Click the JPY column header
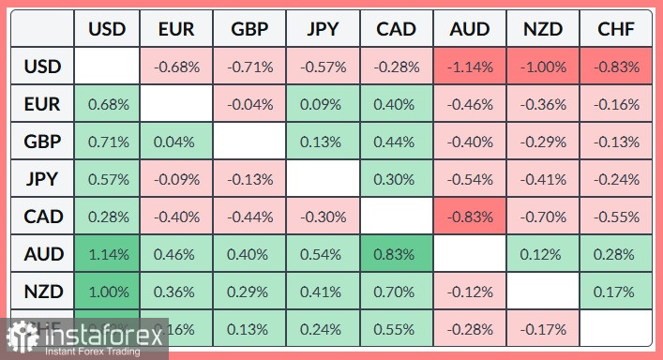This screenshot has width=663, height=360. coord(323,30)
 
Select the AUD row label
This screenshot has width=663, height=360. coord(43,253)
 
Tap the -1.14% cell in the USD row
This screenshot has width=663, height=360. coord(469,67)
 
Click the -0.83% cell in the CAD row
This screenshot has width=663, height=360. coord(469,217)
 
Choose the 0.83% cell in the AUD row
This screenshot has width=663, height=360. coord(396,253)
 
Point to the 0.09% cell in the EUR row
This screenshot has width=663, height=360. coord(323,104)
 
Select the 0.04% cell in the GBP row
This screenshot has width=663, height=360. coord(176,142)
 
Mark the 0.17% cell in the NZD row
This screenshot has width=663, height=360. coord(616,291)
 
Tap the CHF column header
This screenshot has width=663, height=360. coord(616,30)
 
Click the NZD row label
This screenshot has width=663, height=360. coord(43,291)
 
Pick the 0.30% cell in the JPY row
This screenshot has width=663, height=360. coord(396,179)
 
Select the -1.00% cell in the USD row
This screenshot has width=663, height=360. coord(543,67)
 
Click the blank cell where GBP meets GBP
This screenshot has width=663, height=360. coord(249,142)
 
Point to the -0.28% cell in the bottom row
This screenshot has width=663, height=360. coord(469,328)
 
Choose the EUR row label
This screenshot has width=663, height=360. coord(43,104)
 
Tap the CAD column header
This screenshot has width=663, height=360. coord(396,30)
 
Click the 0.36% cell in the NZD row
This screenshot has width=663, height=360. coord(176,291)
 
